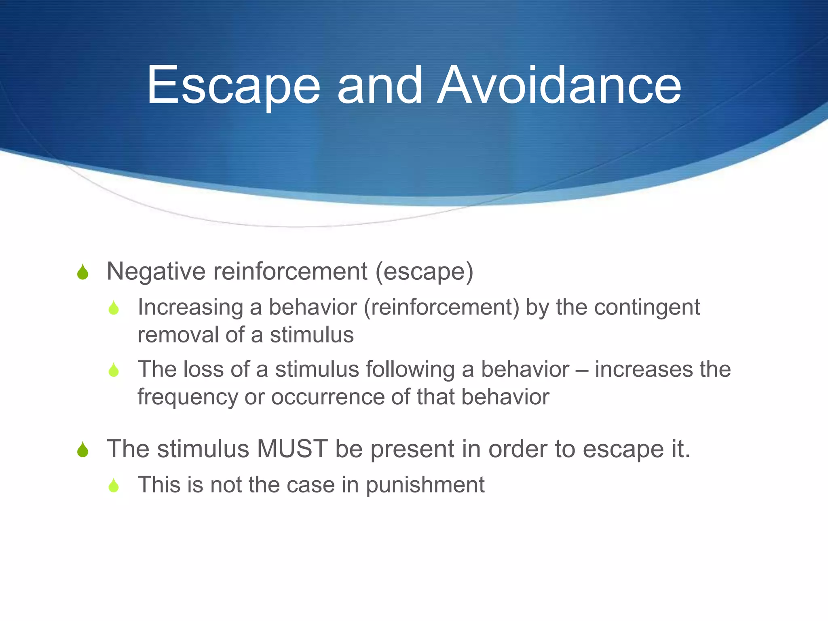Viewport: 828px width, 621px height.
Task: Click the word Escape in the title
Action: point(233,86)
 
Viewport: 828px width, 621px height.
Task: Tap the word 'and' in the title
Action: point(380,86)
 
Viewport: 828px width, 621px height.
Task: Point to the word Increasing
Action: point(190,307)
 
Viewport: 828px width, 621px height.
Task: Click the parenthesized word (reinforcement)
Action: point(441,307)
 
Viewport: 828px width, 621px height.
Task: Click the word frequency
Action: point(188,397)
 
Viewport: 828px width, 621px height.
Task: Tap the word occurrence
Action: point(327,397)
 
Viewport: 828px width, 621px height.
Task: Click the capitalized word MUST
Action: point(292,449)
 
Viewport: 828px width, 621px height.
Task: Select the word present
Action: point(412,450)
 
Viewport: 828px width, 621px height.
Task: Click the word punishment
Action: point(425,485)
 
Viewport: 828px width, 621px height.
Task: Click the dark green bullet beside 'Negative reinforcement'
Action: point(83,272)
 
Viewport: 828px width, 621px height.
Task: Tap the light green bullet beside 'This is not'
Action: point(114,486)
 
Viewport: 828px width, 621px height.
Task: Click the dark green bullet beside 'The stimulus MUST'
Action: point(83,450)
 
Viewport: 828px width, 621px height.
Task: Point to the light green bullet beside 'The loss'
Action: point(114,370)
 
